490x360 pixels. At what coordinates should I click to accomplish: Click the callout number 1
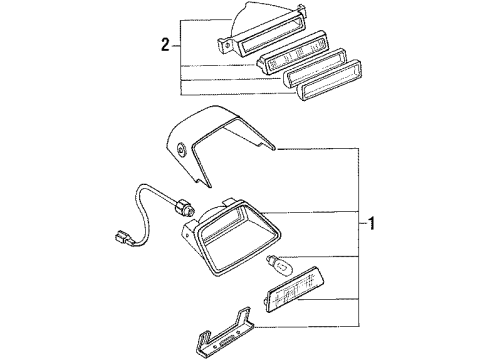point(371,224)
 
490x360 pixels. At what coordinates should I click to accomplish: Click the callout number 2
point(165,45)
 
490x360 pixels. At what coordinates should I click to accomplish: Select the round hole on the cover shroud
point(182,150)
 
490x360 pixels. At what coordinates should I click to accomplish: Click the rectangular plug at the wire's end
point(122,238)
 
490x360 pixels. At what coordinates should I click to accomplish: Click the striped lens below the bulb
point(292,289)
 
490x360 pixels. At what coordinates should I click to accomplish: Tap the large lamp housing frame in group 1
point(231,239)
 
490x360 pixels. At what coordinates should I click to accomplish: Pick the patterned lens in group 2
point(292,52)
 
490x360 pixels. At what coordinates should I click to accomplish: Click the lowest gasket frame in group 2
point(324,80)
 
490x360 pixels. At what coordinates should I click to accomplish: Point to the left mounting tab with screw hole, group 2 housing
point(226,46)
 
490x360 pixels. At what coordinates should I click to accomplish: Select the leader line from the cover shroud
point(318,148)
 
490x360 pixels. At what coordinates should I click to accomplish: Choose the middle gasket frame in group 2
point(314,66)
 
